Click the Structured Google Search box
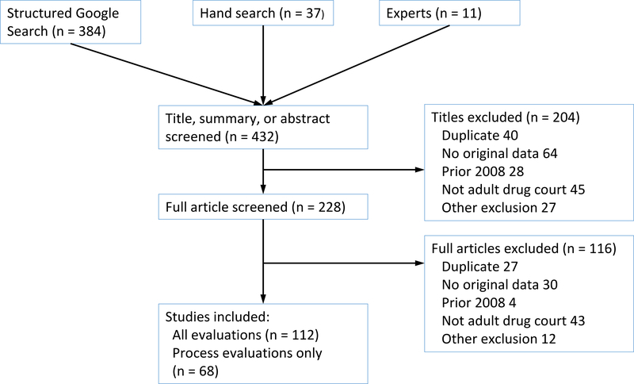pos(71,22)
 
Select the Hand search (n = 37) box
pos(261,14)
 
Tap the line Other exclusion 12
pos(498,339)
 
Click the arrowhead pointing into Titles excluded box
pos(418,169)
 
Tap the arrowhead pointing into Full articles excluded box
pos(418,263)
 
